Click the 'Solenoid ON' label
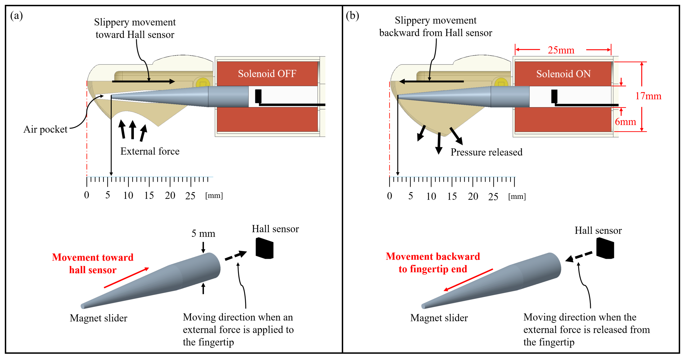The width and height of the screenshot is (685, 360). [563, 74]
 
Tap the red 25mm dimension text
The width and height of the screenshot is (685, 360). [561, 50]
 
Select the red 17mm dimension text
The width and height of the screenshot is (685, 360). [648, 96]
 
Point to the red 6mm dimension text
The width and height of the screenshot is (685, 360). [625, 122]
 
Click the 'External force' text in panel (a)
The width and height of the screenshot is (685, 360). [150, 151]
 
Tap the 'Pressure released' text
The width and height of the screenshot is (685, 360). [486, 152]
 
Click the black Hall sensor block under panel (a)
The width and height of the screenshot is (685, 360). [264, 248]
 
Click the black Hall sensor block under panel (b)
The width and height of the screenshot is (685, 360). [605, 248]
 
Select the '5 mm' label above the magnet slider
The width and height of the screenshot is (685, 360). [203, 233]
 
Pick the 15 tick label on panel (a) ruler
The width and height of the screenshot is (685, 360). [149, 195]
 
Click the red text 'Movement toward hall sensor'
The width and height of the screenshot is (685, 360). [93, 264]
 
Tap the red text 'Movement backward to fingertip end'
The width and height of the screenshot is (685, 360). [433, 262]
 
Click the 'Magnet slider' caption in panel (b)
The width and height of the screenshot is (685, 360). [439, 318]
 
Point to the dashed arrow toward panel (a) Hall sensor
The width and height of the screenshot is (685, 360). [236, 255]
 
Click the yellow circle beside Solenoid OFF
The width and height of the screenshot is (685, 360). [203, 83]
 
